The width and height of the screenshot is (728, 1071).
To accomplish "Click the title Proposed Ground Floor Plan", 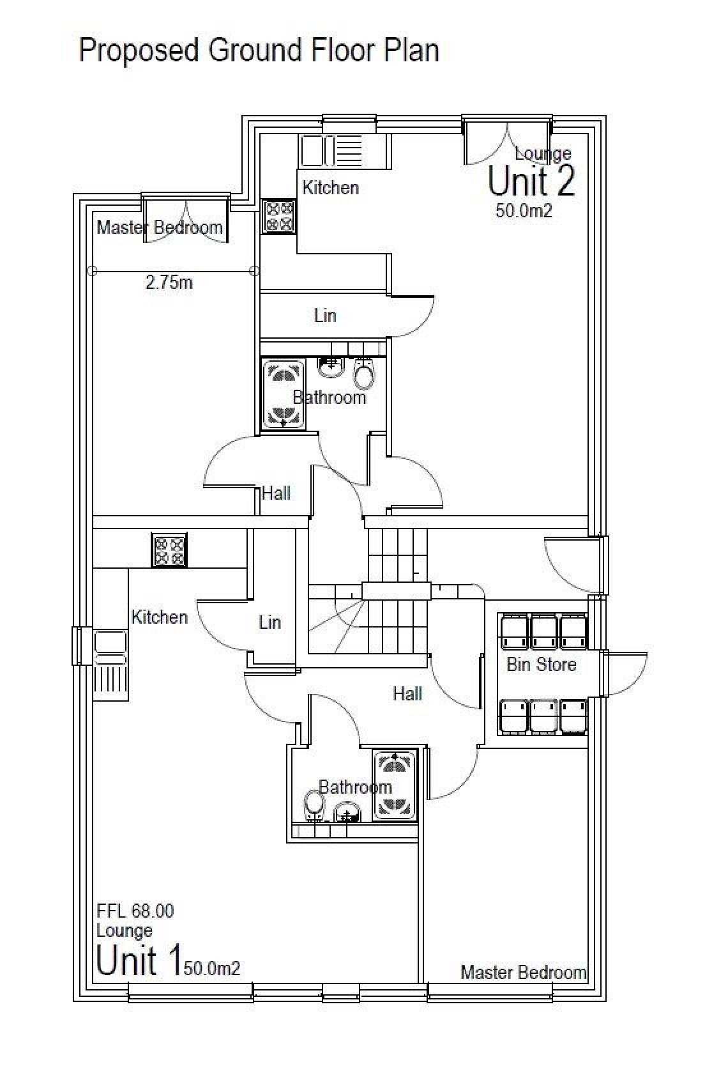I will point(259,50).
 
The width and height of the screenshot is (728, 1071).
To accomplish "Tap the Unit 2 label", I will point(531,181).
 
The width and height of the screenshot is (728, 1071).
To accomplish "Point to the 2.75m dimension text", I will point(169,283).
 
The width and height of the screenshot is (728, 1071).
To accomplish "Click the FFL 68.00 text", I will point(135,911).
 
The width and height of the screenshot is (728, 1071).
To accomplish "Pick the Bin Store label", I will point(541,665).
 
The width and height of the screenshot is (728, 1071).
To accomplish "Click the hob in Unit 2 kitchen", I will point(279,216).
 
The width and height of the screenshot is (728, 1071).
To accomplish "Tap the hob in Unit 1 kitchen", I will point(169,550).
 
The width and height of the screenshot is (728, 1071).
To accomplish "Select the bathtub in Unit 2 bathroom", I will point(284,394).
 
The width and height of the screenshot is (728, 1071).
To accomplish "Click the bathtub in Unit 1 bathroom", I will point(395,785).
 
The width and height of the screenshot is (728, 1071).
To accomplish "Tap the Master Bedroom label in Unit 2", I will point(160,227).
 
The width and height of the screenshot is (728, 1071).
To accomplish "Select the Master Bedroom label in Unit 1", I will point(523,973).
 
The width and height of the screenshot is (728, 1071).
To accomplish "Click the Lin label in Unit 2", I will point(324,316).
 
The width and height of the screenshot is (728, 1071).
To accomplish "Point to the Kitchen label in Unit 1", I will point(159,617).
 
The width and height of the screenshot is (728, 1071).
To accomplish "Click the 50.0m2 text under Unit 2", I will point(524,211).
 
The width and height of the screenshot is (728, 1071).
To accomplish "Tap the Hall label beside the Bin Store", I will point(407,693).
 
